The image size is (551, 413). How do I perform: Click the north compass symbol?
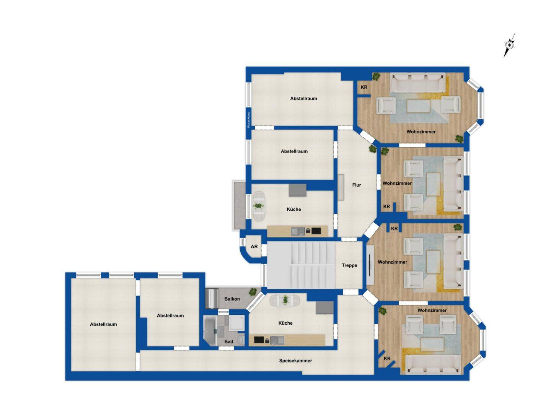click(x=509, y=45)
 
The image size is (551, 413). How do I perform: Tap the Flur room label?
click(x=357, y=185)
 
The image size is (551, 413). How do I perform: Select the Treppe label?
click(x=349, y=265)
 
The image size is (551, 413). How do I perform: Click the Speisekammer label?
click(x=295, y=361)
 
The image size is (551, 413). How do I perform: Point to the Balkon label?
click(x=232, y=299)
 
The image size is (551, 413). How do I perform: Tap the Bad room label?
click(x=229, y=341)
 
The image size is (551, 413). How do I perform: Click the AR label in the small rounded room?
click(x=254, y=247)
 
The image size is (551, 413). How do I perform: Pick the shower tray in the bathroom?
click(x=236, y=323)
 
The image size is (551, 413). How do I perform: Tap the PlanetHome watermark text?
click(x=249, y=120)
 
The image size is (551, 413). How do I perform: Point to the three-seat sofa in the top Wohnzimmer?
click(x=418, y=82)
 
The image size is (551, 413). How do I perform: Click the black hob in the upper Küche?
click(x=316, y=231)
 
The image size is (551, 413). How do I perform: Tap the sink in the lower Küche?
click(x=277, y=340)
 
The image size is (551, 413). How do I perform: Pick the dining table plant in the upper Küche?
click(x=258, y=206)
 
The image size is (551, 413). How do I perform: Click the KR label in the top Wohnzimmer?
click(x=364, y=87)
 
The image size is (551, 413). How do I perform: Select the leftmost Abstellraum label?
click(x=103, y=324)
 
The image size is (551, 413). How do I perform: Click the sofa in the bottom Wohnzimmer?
click(x=433, y=364)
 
